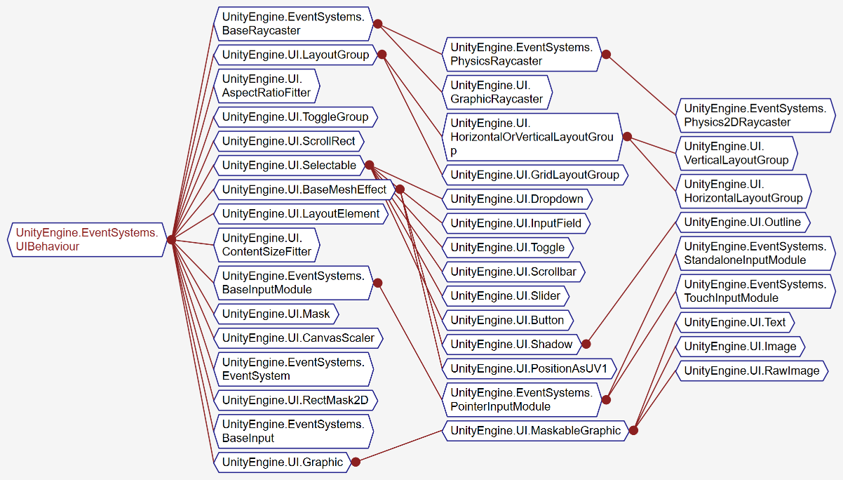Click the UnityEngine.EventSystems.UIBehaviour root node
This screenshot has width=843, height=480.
click(x=87, y=239)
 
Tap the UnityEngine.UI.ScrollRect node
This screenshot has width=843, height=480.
click(x=288, y=141)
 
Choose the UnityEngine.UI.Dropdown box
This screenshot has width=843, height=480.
click(x=518, y=199)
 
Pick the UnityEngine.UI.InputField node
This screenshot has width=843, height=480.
click(x=516, y=223)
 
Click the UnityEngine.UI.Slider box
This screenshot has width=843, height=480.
click(x=505, y=295)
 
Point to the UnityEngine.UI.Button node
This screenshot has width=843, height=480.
click(x=507, y=320)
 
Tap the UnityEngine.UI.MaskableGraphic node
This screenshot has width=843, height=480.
click(x=535, y=430)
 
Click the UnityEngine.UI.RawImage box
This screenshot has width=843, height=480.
click(x=751, y=371)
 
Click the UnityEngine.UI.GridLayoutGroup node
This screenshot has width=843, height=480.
click(x=534, y=175)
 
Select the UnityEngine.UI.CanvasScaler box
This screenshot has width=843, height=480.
click(x=298, y=338)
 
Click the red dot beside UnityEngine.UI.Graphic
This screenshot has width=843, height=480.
click(x=356, y=462)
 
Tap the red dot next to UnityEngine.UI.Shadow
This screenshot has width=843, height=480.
click(x=586, y=344)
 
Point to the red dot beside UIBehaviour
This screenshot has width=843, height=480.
click(x=171, y=239)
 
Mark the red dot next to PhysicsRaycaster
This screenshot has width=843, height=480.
click(x=606, y=54)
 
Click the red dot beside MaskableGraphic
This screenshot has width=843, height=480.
click(x=633, y=430)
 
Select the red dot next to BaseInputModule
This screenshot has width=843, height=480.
click(x=377, y=283)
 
